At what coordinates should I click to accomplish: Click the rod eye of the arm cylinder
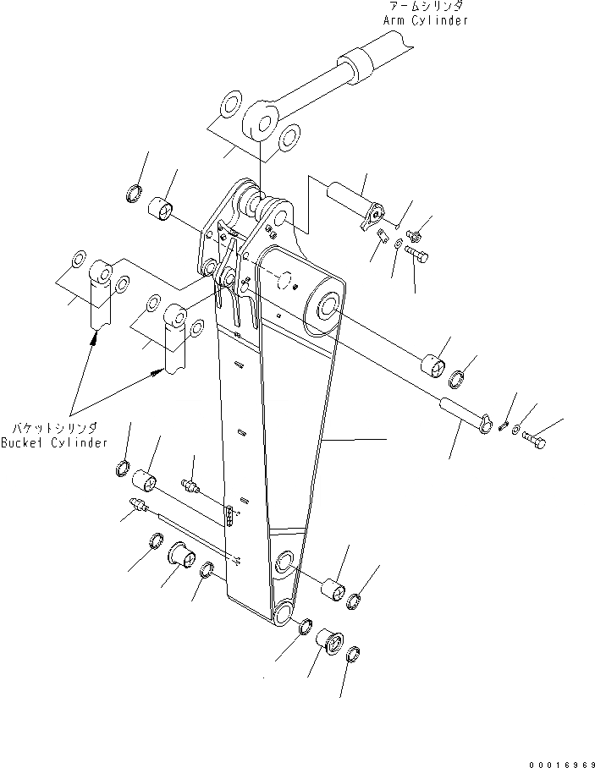pyautogui.click(x=263, y=122)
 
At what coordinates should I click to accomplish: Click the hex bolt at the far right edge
pyautogui.click(x=533, y=440)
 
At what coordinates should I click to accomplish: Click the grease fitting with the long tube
pyautogui.click(x=137, y=507)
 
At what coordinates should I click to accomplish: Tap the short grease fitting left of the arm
pyautogui.click(x=190, y=485)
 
